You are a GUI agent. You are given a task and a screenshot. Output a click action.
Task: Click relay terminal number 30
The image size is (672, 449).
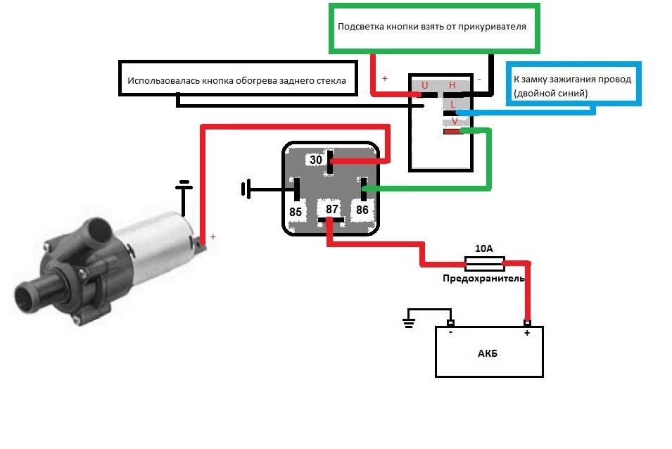point(316,160)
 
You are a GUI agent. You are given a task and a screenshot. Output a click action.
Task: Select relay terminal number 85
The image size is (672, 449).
point(296,210)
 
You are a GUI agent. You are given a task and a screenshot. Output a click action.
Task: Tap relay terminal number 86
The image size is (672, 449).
point(362,209)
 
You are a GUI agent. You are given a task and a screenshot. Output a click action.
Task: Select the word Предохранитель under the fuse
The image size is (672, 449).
point(483,279)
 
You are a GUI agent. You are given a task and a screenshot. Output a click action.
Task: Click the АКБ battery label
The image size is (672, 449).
point(487,353)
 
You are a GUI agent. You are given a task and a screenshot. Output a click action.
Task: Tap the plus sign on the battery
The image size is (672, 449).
point(526,334)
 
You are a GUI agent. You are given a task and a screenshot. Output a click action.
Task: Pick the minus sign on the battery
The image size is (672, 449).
point(451,334)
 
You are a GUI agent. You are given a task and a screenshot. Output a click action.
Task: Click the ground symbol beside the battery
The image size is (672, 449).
point(408,322)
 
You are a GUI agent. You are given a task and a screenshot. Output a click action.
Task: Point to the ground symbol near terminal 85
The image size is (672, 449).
point(245,189)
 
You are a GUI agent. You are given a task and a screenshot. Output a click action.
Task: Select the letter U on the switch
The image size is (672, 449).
point(424,86)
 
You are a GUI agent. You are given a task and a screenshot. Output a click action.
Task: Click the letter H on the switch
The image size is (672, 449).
point(452,86)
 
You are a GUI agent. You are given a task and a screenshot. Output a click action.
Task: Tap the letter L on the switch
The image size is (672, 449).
point(454,104)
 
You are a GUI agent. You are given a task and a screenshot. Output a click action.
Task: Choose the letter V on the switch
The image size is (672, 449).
point(455,121)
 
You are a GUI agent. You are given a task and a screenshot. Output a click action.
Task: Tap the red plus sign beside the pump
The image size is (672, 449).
point(213,237)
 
